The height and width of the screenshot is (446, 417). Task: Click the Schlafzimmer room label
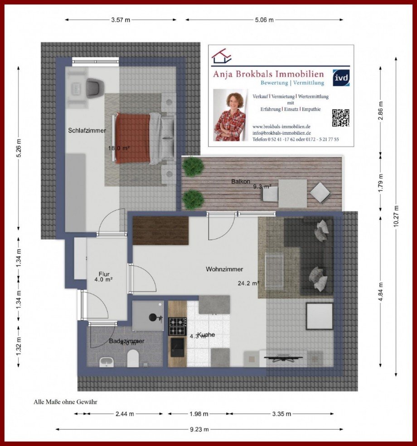(87, 131)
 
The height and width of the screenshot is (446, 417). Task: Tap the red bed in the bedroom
(132, 138)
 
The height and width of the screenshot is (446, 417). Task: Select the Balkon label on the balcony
(241, 181)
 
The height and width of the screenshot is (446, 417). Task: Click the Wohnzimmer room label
(224, 269)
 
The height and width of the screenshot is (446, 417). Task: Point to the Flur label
(105, 274)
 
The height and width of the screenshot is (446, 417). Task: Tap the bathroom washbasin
(107, 361)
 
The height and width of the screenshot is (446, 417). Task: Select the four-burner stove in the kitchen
(177, 326)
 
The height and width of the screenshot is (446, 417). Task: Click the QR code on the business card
(341, 118)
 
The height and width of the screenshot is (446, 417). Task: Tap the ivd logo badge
(341, 78)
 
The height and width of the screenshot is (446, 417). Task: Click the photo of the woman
(229, 115)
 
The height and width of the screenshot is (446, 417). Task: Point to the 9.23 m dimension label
(199, 429)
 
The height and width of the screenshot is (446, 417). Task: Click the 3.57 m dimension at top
(121, 20)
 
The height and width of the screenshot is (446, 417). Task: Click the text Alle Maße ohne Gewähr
(65, 401)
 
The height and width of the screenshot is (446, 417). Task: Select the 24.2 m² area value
(248, 284)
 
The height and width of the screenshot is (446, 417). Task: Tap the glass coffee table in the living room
(274, 270)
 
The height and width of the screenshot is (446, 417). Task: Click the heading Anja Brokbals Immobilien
(269, 74)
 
